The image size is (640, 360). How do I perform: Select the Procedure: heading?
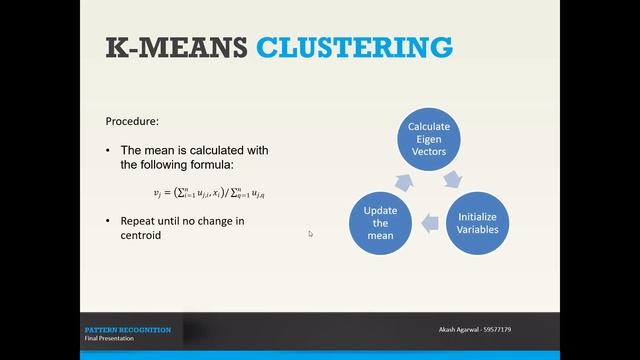[133, 122]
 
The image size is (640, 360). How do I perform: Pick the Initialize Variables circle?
[477, 222]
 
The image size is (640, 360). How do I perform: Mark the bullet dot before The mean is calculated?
[109, 149]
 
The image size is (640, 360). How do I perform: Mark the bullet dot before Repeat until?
[109, 221]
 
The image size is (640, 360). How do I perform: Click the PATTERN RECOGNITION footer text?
[127, 329]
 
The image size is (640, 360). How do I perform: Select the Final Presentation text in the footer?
[111, 339]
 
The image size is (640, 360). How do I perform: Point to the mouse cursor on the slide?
[310, 234]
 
